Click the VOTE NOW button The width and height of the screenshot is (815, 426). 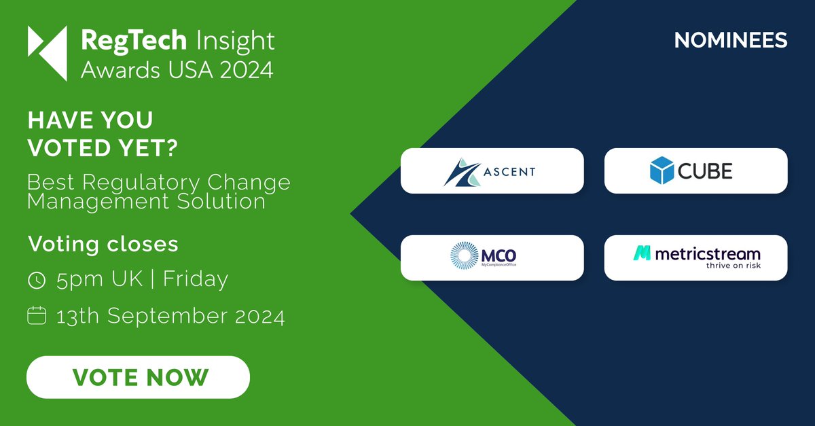click(139, 377)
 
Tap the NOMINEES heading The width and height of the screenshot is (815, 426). click(731, 40)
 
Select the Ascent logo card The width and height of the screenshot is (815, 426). click(492, 171)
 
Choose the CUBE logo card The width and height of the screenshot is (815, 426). click(695, 171)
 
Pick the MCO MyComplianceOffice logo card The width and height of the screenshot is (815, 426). click(492, 258)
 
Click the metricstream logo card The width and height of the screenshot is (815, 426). click(695, 258)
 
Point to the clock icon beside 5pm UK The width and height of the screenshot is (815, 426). click(37, 279)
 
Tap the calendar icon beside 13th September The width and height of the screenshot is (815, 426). click(37, 316)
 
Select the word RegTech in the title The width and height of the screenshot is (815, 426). click(133, 41)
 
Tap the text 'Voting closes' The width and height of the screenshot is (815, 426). click(103, 243)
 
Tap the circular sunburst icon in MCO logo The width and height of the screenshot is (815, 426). click(465, 255)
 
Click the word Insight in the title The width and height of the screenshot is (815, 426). click(235, 41)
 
